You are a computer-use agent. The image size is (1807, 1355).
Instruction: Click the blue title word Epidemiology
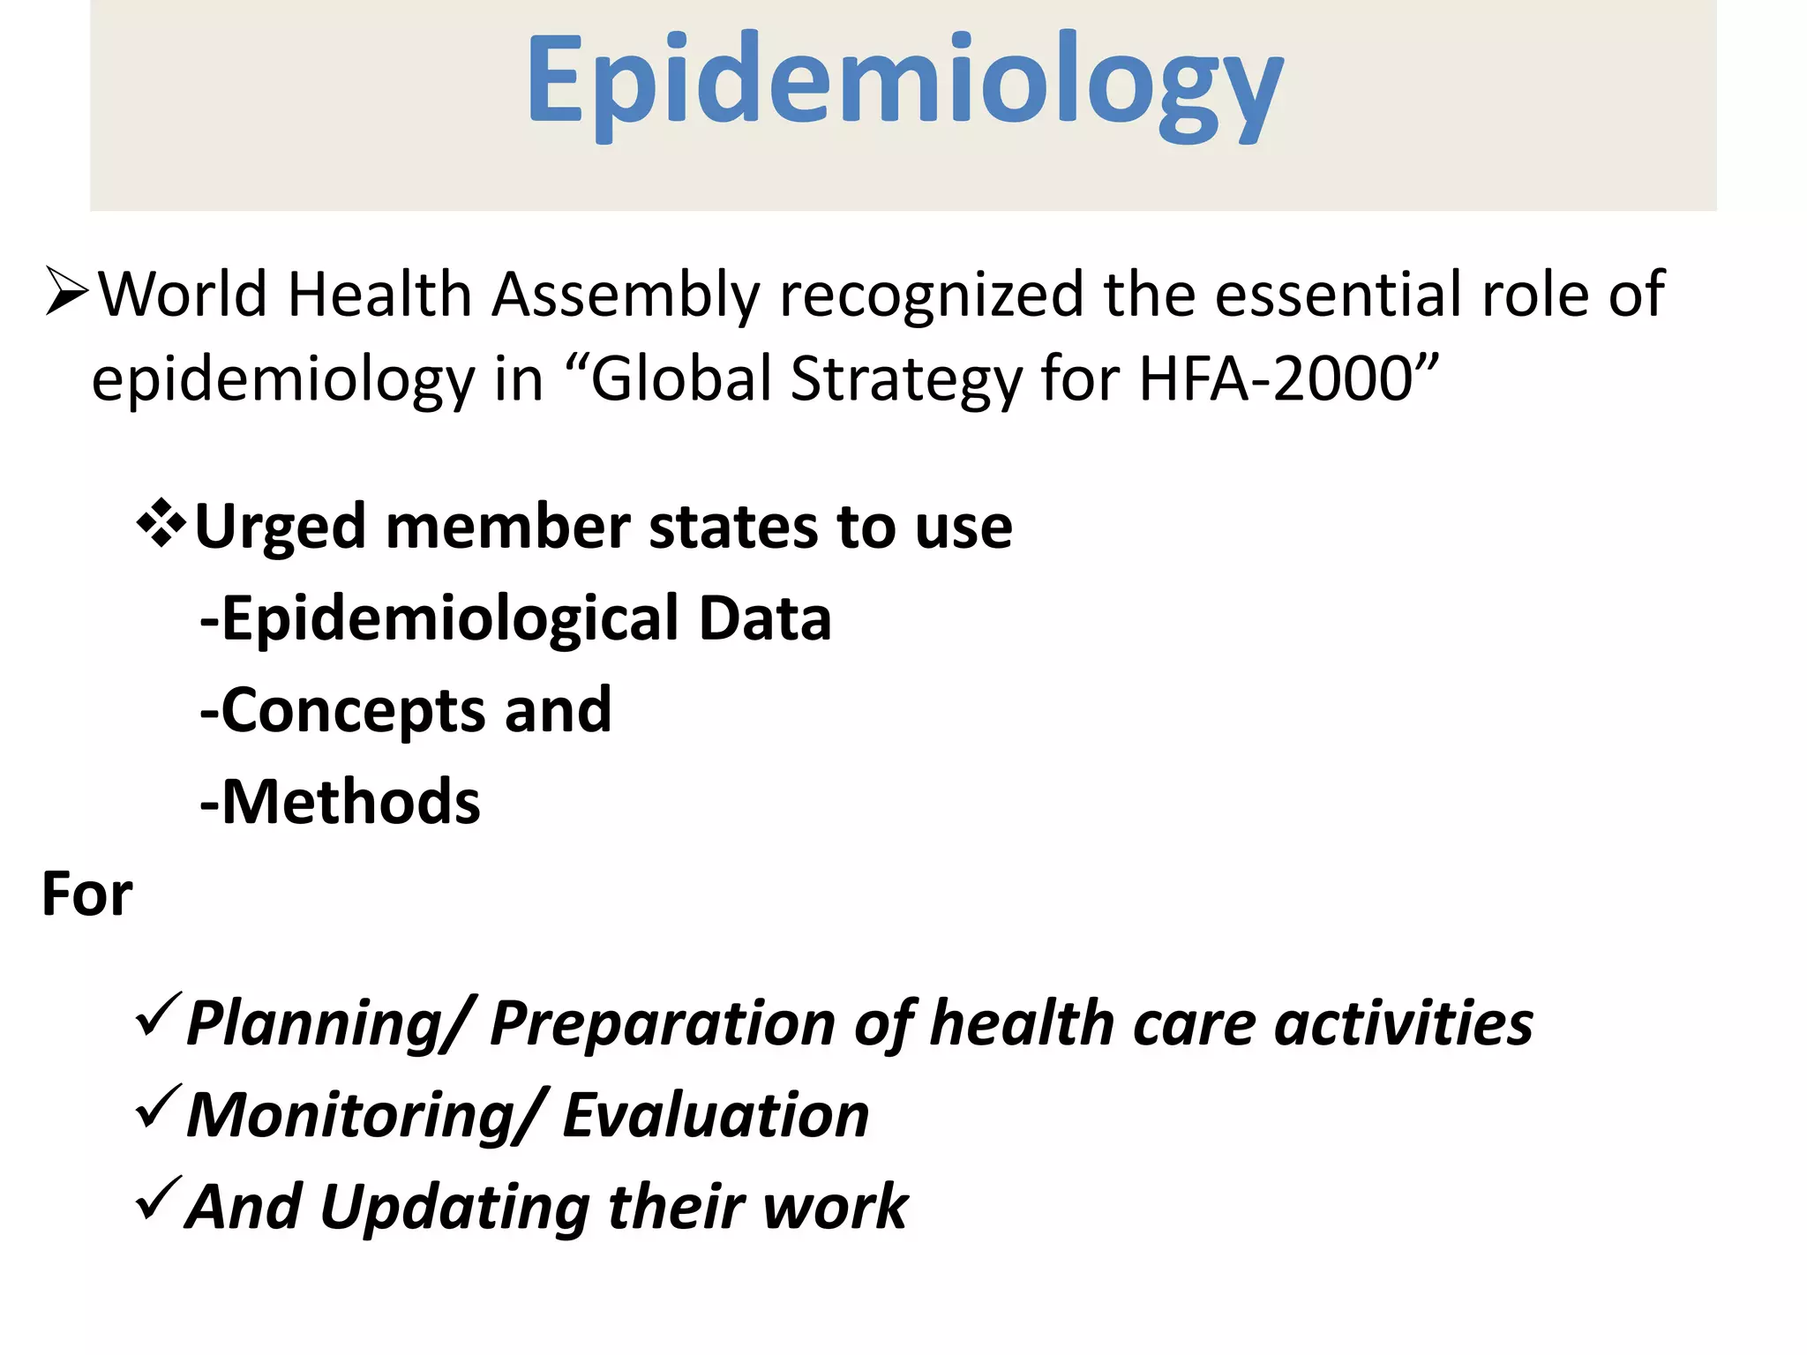tap(903, 84)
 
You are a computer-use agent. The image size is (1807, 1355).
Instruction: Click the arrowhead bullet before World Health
tap(67, 292)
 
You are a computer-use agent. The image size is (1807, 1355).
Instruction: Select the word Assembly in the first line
tap(625, 296)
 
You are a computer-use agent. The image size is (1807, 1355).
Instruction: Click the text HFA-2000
tap(1276, 379)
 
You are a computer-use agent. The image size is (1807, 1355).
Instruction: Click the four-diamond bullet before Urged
tap(161, 524)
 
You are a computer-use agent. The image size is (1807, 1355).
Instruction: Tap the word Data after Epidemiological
tap(764, 618)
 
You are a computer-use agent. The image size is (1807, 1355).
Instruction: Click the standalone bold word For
tap(86, 895)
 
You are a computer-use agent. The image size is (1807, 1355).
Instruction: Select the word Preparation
tap(662, 1024)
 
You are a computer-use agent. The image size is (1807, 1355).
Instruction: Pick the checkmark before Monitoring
tap(159, 1108)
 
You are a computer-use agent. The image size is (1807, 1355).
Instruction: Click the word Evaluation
tap(716, 1116)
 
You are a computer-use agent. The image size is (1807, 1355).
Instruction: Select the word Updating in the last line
tap(454, 1208)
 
